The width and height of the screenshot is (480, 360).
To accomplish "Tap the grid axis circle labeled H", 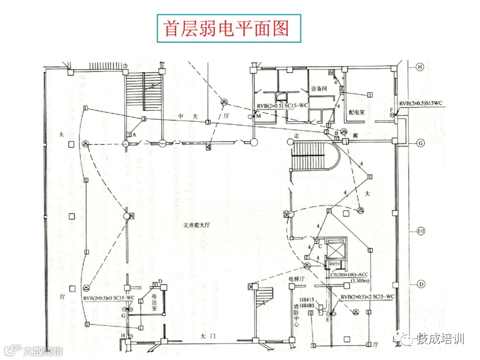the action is (x=420, y=66).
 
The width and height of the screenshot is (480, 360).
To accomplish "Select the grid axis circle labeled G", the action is (x=420, y=142).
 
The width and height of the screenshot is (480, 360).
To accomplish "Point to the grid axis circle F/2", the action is (x=420, y=231).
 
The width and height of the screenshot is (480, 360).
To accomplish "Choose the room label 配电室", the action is (x=356, y=112).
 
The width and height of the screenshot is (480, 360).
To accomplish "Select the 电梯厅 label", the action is (x=296, y=278).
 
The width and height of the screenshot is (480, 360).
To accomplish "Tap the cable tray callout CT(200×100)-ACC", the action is (x=349, y=274).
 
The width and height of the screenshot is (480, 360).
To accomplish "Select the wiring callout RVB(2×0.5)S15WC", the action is (x=420, y=103).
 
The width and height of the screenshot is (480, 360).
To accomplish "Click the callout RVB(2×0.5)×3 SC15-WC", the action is (x=109, y=298).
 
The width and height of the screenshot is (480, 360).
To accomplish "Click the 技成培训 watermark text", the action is (x=440, y=338).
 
